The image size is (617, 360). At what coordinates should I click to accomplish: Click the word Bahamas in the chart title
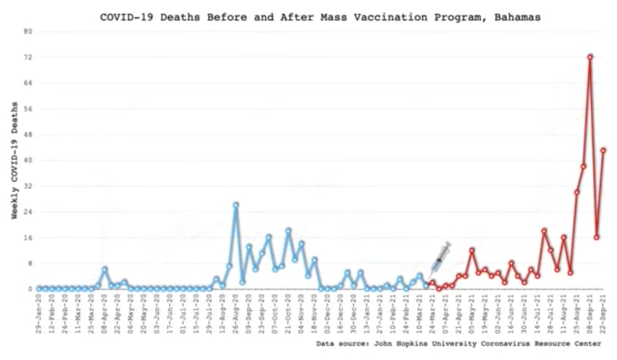(517, 17)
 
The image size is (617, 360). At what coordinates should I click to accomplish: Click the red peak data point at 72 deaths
(590, 57)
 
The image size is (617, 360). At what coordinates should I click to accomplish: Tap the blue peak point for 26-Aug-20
(235, 205)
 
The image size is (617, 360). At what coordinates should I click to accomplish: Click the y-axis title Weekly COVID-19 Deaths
(15, 160)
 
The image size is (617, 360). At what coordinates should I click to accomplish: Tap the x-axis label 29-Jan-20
(39, 314)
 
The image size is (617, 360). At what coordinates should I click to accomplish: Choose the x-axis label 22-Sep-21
(603, 314)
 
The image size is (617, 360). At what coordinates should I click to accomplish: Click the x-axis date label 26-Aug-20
(235, 314)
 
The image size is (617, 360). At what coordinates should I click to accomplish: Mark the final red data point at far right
(603, 150)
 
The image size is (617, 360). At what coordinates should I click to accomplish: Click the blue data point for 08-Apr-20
(104, 269)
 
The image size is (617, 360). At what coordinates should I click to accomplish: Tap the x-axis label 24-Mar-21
(432, 314)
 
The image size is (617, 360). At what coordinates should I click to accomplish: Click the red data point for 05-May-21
(471, 250)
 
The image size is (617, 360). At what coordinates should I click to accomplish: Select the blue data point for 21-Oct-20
(288, 231)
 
